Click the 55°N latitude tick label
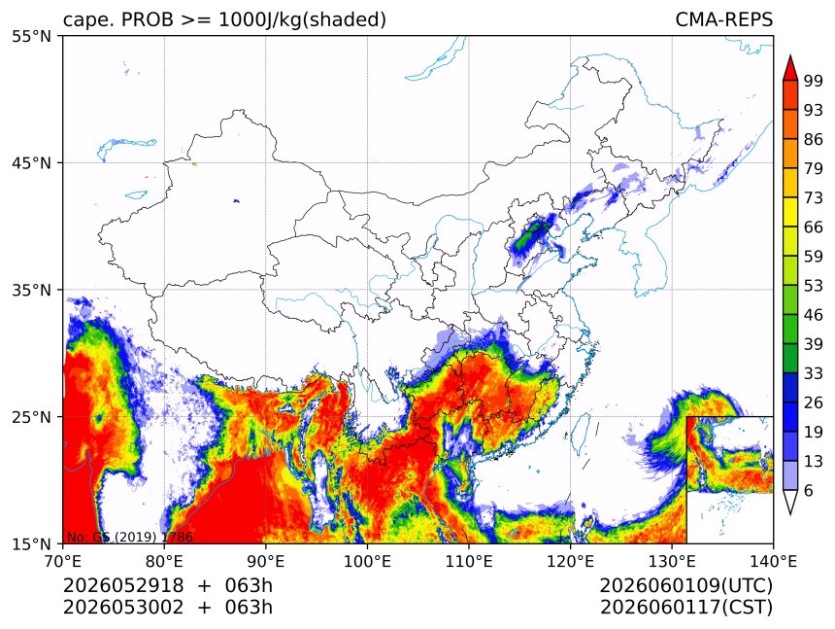(x=31, y=36)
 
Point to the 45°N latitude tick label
(x=31, y=162)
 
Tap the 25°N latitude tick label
(x=31, y=416)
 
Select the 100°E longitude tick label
(x=367, y=561)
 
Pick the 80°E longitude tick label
(x=164, y=561)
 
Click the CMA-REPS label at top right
(x=723, y=19)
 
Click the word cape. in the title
(x=89, y=20)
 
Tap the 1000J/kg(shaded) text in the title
(x=303, y=20)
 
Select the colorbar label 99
(x=814, y=81)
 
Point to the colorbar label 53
(x=814, y=286)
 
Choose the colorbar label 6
(x=809, y=490)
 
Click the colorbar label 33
(x=814, y=373)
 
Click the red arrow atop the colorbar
(x=790, y=68)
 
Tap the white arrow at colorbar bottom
(x=790, y=502)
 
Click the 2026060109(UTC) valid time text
(x=685, y=586)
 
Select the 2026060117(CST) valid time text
(x=685, y=608)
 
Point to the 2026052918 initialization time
(x=123, y=585)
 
